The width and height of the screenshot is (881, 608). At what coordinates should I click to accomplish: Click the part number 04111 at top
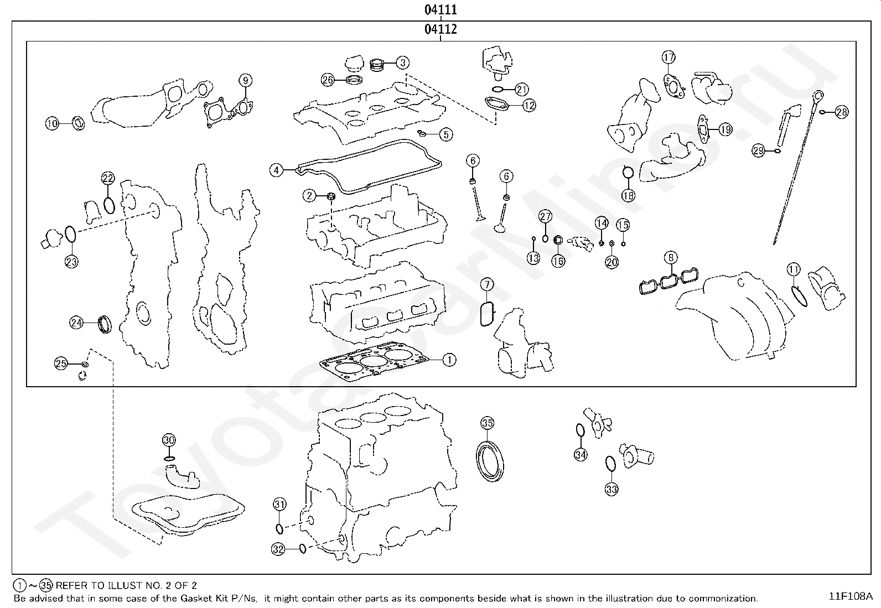coord(441,10)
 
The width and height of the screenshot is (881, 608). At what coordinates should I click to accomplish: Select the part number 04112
coord(441,29)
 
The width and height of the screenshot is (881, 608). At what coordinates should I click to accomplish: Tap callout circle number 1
coord(449,360)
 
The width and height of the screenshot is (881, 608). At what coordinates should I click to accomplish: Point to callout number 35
coord(486,424)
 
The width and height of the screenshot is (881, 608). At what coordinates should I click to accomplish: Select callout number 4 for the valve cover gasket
coord(277,170)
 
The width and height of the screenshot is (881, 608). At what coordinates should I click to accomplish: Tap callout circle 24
coord(76,322)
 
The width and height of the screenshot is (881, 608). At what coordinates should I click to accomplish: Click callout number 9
coord(245,80)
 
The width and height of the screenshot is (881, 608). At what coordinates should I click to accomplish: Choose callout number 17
coord(668,57)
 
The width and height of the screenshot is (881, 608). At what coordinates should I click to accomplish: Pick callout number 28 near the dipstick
coord(841,112)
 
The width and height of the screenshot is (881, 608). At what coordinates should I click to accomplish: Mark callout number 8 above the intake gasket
coord(671,257)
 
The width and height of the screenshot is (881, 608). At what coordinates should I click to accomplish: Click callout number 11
coord(794,270)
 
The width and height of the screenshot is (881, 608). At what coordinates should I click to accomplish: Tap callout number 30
coord(169,440)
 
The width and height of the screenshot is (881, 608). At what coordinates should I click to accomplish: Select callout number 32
coord(278,549)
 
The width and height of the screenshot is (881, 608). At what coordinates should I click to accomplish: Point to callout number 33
coord(611,489)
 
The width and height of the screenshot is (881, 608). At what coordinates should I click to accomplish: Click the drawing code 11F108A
coord(851,596)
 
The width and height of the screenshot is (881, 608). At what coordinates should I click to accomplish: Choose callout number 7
coord(486,285)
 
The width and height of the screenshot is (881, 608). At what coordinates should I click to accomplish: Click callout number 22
coord(108,178)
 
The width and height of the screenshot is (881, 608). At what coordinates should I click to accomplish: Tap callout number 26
coord(328,80)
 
